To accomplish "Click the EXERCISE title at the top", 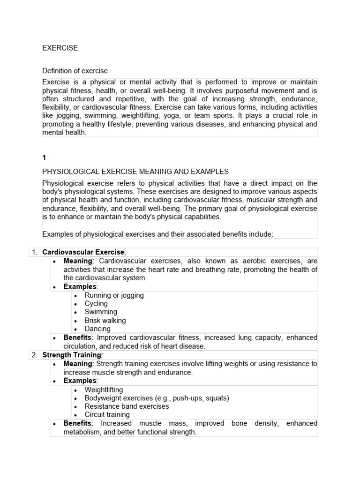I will [x=60, y=48].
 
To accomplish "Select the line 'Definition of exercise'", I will [x=75, y=71].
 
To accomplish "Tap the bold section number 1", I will [x=44, y=158].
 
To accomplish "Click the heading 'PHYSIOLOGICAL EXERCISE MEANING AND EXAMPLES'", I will [x=135, y=172].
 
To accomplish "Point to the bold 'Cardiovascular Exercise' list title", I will [x=83, y=252].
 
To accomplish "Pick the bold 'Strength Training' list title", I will [x=72, y=355].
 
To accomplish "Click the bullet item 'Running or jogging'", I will [x=114, y=295].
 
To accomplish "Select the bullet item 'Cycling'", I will [x=96, y=304].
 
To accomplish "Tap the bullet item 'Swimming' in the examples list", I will [x=101, y=312].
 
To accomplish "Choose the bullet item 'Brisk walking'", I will [x=105, y=321].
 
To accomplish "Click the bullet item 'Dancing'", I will [x=97, y=329].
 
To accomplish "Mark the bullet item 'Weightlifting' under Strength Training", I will [x=104, y=390].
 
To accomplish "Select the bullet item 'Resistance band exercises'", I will [x=127, y=406].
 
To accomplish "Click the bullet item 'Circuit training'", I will [x=107, y=415].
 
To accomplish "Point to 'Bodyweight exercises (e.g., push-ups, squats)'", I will [x=150, y=398].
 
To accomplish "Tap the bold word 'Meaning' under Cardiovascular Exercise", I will [x=78, y=261].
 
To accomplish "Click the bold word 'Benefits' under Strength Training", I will [x=77, y=423].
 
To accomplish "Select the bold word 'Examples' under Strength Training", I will [x=80, y=381].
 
